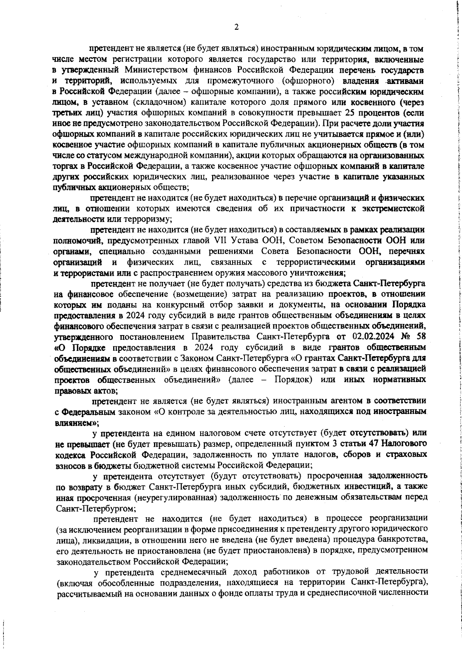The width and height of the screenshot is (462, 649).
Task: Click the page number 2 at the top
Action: pyautogui.click(x=236, y=27)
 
